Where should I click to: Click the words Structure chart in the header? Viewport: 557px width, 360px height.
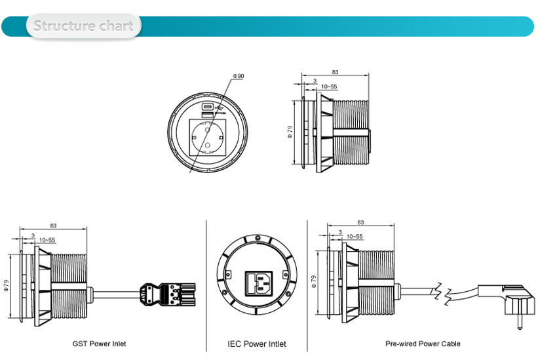click(83, 26)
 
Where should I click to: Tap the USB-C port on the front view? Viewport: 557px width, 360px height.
click(206, 107)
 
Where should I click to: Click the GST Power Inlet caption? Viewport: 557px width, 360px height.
click(99, 344)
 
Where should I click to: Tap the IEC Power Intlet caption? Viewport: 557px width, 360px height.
click(257, 344)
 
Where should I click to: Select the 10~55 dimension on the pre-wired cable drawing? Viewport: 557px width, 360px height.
click(355, 236)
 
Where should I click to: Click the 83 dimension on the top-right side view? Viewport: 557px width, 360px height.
click(335, 73)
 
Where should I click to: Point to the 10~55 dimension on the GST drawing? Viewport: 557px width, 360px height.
click(47, 241)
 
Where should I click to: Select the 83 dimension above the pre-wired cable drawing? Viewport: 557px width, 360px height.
click(361, 222)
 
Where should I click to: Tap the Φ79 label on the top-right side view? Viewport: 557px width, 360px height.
click(290, 132)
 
